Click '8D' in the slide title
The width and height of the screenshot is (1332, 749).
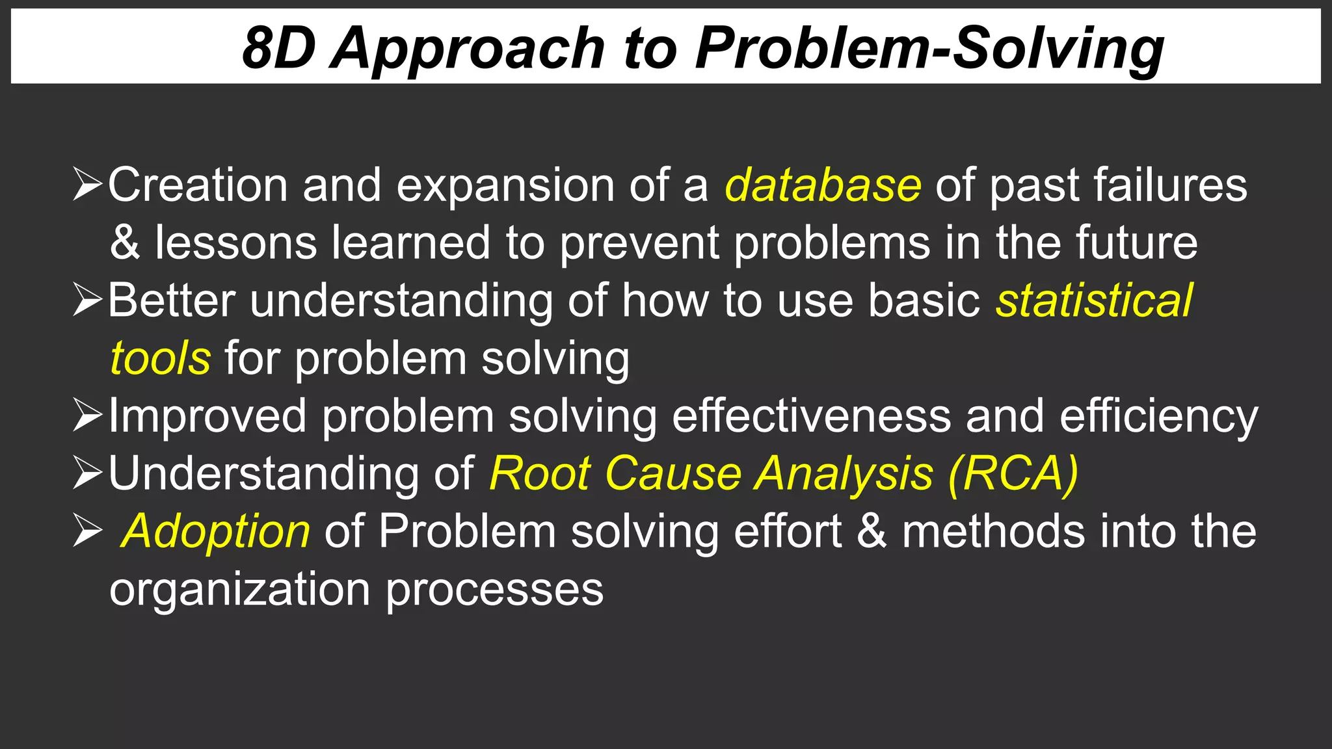point(278,49)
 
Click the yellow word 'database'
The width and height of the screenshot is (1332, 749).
point(823,185)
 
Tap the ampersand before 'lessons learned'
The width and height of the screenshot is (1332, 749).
point(125,243)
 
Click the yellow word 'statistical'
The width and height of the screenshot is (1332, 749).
point(1095,300)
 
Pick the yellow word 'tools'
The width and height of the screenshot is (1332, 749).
point(161,358)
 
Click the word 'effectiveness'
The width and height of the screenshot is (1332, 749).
point(811,416)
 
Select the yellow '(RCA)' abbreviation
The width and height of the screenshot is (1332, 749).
point(1013,474)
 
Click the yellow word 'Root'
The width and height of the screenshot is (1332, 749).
point(540,474)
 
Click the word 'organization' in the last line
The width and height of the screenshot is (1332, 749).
point(239,590)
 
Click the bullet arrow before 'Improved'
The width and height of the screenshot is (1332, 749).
point(87,416)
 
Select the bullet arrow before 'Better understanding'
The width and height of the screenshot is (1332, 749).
point(87,300)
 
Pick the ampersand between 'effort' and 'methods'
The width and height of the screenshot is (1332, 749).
point(872,531)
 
